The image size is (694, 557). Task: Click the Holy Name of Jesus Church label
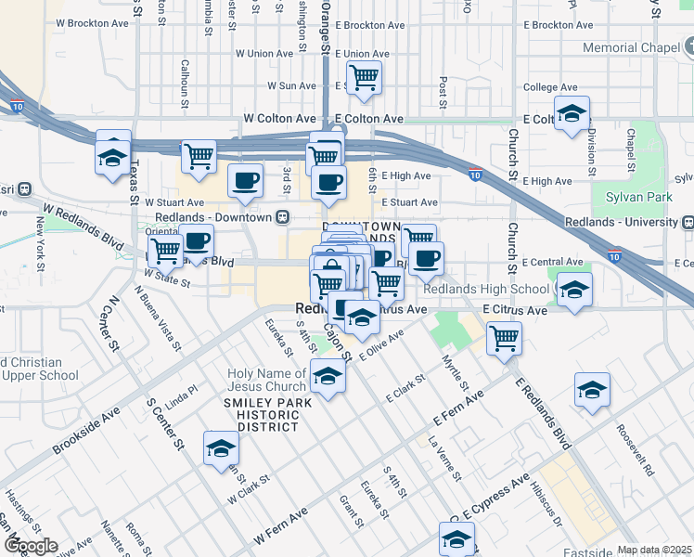[x=267, y=380]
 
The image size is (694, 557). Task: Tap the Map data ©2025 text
[x=655, y=550]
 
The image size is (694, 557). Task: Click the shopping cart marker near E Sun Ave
[x=365, y=78]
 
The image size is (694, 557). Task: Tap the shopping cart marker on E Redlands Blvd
[x=504, y=337]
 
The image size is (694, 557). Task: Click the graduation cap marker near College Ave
[x=573, y=112]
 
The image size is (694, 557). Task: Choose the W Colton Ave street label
[x=279, y=119]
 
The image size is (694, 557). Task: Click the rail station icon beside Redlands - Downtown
[x=283, y=217]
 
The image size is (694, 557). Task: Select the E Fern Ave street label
[x=457, y=410]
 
